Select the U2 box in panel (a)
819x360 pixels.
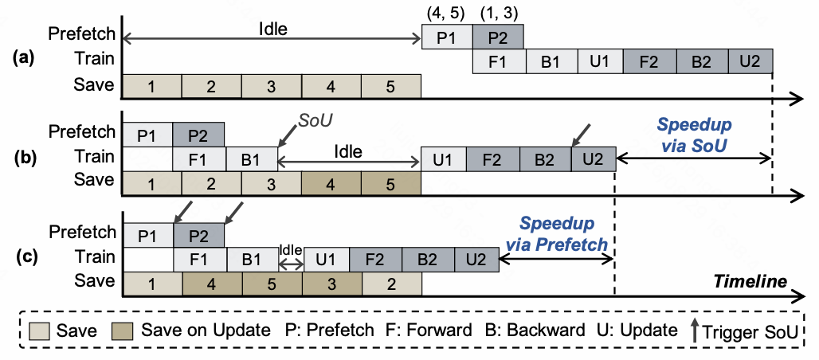click(750, 61)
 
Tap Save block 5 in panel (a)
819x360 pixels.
click(390, 86)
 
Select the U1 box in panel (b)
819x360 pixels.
click(444, 158)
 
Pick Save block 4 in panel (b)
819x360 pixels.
click(331, 184)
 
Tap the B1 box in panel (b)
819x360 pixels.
click(252, 158)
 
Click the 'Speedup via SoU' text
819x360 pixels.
click(694, 134)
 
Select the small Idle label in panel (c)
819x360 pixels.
click(291, 250)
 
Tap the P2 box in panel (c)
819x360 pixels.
click(198, 234)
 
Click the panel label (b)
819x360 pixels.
click(24, 158)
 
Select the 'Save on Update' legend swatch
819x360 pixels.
click(123, 331)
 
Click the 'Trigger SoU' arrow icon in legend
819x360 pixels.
click(694, 331)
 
